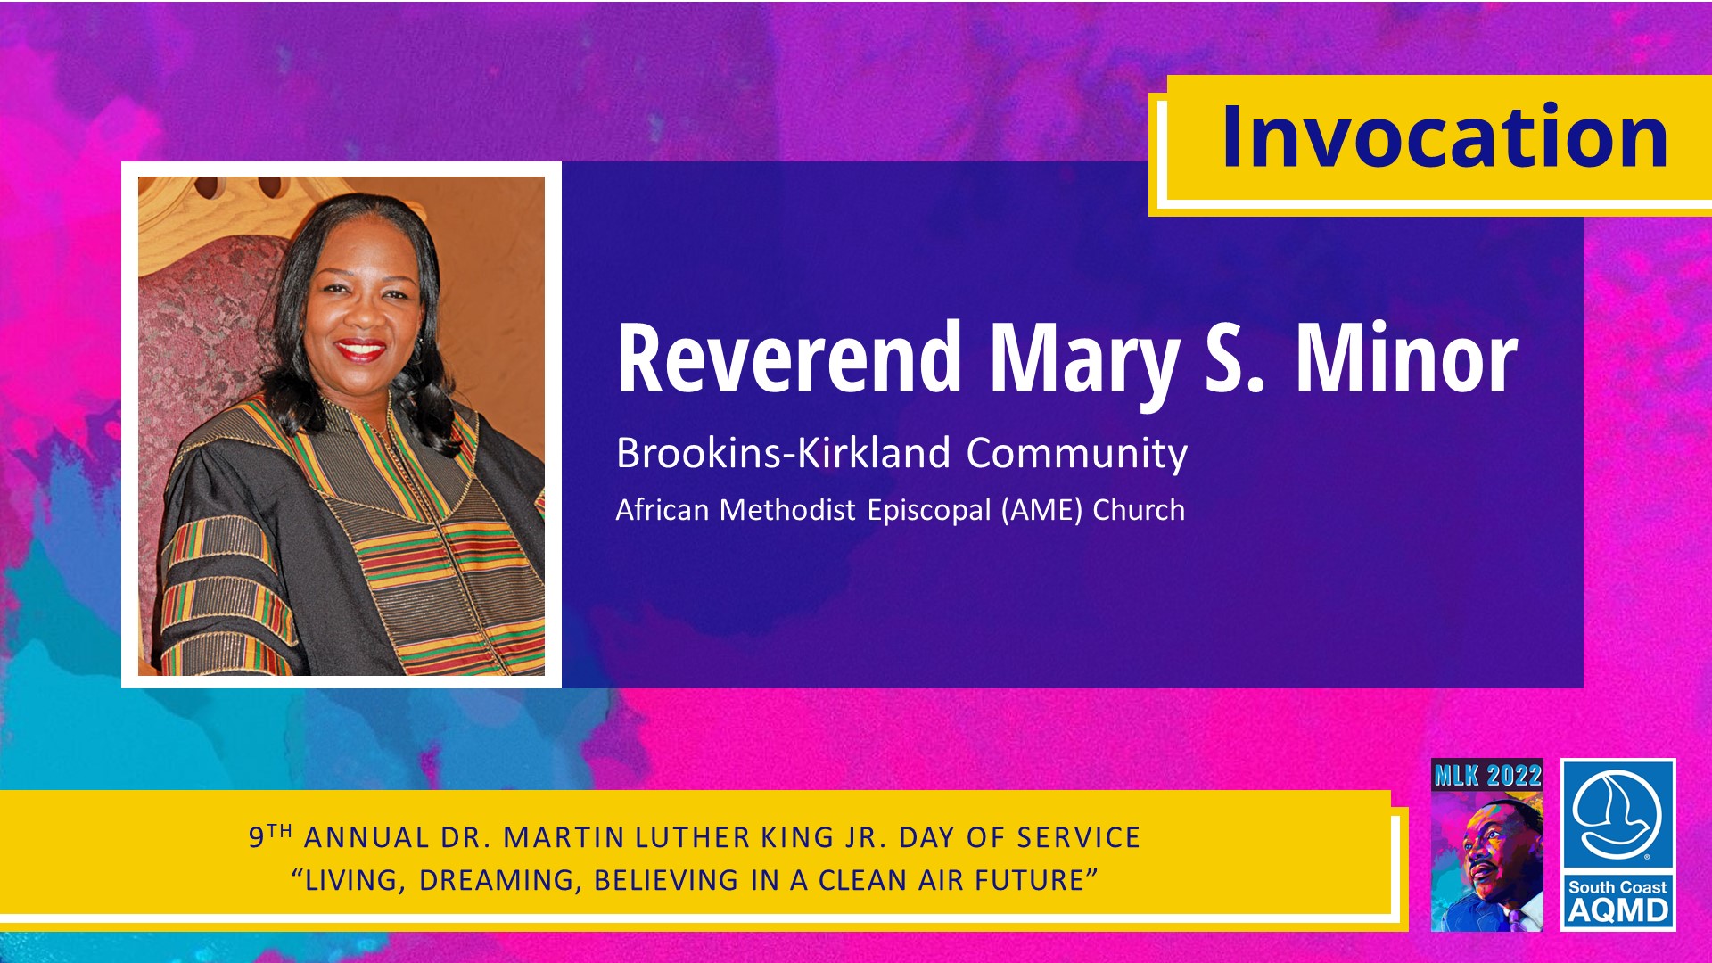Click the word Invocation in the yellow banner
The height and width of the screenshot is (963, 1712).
coord(1444,136)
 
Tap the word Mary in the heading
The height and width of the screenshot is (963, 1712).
coord(1083,365)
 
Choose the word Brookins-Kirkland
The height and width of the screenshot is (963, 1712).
coord(784,453)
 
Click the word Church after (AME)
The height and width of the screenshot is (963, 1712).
coord(1139,510)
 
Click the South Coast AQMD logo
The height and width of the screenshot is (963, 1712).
coord(1617,844)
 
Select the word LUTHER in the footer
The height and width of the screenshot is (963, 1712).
coord(692,837)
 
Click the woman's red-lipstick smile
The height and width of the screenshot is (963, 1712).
coord(360,349)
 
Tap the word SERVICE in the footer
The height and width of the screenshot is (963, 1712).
coord(1079,837)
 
